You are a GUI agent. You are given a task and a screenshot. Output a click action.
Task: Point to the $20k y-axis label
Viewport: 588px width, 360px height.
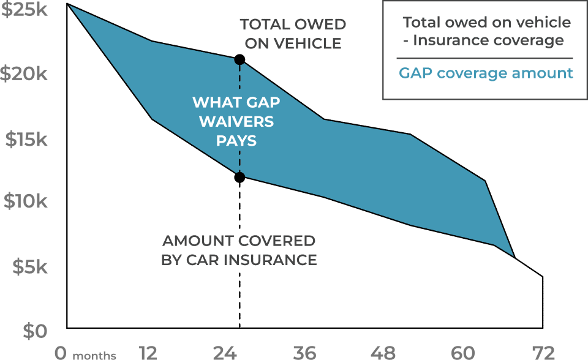(x=24, y=73)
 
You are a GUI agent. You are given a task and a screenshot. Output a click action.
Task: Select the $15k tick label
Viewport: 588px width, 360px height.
(x=26, y=139)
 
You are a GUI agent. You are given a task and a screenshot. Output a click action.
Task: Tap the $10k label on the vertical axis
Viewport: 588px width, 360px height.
(x=26, y=201)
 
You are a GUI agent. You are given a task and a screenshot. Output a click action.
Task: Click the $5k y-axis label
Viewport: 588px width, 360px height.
(x=30, y=266)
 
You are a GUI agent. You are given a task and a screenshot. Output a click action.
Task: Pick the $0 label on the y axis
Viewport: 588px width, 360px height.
(x=36, y=331)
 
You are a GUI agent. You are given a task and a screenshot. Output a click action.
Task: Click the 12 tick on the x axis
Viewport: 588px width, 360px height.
(x=148, y=353)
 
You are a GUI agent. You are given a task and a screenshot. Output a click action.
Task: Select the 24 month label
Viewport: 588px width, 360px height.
(x=225, y=353)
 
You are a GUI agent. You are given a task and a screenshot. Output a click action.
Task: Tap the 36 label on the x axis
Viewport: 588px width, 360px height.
(x=304, y=353)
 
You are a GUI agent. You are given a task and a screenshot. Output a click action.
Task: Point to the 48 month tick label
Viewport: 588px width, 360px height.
(x=383, y=353)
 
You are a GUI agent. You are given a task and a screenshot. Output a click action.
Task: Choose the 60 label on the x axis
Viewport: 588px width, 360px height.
(x=463, y=353)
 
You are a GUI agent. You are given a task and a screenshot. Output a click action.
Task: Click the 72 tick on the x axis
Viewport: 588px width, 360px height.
(x=543, y=353)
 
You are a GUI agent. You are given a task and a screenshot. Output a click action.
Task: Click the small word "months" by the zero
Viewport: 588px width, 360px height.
(x=94, y=355)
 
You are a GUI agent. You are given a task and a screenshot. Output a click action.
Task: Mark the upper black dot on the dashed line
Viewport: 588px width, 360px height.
(x=239, y=59)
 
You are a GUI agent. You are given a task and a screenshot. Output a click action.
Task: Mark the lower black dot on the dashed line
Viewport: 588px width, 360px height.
(x=239, y=177)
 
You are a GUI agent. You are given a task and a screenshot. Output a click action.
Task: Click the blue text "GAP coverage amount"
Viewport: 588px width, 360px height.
(x=486, y=73)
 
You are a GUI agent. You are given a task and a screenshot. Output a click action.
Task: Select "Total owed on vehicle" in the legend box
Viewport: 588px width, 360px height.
(x=487, y=23)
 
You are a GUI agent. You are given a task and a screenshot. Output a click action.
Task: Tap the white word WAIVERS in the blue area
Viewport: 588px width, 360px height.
(x=236, y=121)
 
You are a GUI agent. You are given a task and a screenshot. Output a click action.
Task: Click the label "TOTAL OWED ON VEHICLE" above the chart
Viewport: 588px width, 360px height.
(x=293, y=34)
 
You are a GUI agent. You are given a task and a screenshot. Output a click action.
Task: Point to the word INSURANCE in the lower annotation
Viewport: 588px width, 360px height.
(x=270, y=260)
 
